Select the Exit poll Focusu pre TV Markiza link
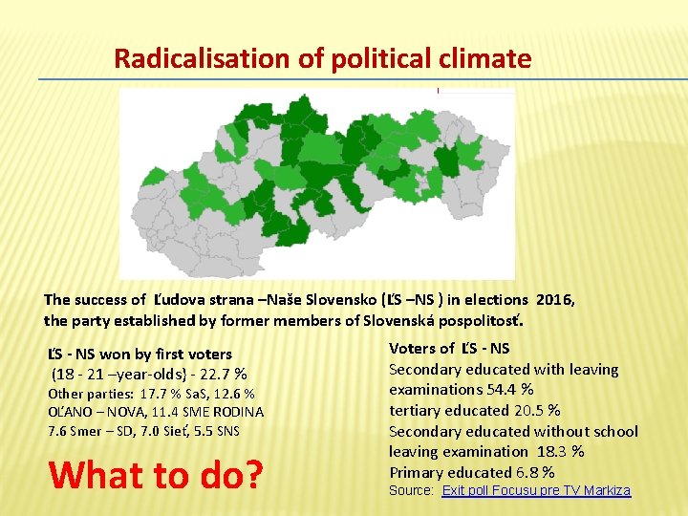[536, 490]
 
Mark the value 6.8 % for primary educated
[534, 472]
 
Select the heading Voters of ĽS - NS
[449, 349]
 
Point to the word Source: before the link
[411, 490]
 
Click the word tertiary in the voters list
[418, 410]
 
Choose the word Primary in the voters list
[416, 472]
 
